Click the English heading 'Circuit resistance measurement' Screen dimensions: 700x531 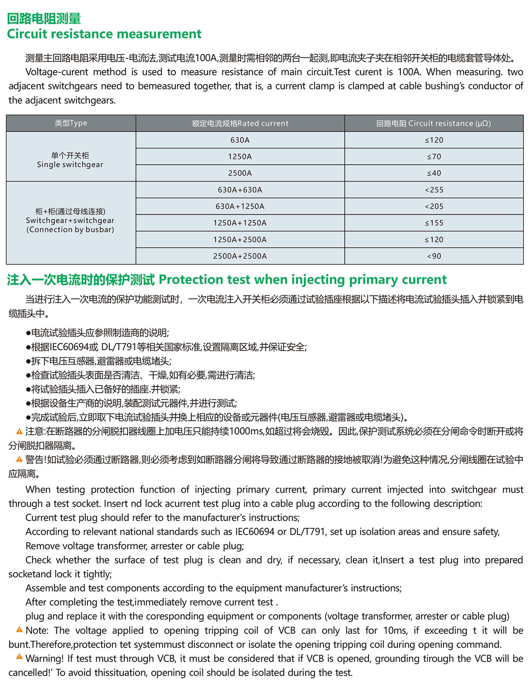[x=104, y=34]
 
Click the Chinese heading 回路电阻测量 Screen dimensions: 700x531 [x=44, y=19]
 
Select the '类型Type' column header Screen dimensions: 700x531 [x=71, y=123]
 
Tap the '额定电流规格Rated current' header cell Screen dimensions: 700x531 [x=240, y=123]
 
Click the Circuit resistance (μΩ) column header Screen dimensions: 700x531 [x=434, y=123]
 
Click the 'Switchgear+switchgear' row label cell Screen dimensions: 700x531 [x=70, y=221]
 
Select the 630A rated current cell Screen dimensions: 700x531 [x=240, y=140]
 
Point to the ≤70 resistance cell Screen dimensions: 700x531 [x=434, y=157]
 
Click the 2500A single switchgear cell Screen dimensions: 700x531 [x=240, y=173]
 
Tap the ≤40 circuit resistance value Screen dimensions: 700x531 [x=434, y=173]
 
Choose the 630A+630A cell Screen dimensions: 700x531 [x=240, y=190]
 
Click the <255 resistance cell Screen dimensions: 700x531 [x=434, y=190]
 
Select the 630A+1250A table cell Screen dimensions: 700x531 [x=240, y=207]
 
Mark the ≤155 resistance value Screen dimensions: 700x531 [x=434, y=223]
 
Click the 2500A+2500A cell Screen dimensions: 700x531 [x=240, y=256]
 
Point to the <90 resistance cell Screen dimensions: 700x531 [x=434, y=256]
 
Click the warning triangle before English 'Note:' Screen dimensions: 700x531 [x=19, y=630]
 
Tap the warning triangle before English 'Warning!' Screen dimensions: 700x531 [x=19, y=658]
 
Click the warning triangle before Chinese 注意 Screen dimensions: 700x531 [x=19, y=431]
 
